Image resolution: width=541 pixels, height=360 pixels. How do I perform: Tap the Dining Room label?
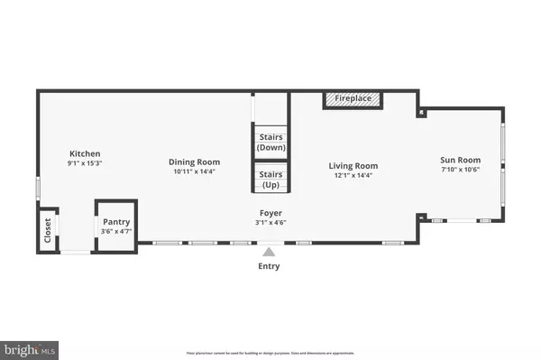(x=193, y=162)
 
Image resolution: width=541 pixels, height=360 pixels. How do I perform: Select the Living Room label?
(x=353, y=166)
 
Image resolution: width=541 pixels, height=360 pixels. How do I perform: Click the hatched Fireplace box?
(x=352, y=98)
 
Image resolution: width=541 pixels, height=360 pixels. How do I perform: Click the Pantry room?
(x=116, y=222)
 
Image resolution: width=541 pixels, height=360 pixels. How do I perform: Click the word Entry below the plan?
(x=269, y=266)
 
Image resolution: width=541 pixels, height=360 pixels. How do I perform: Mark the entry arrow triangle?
(x=269, y=251)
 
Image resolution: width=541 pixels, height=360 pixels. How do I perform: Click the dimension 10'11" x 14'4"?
(x=193, y=171)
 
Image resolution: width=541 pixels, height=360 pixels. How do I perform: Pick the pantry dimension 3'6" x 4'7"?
(x=116, y=231)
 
